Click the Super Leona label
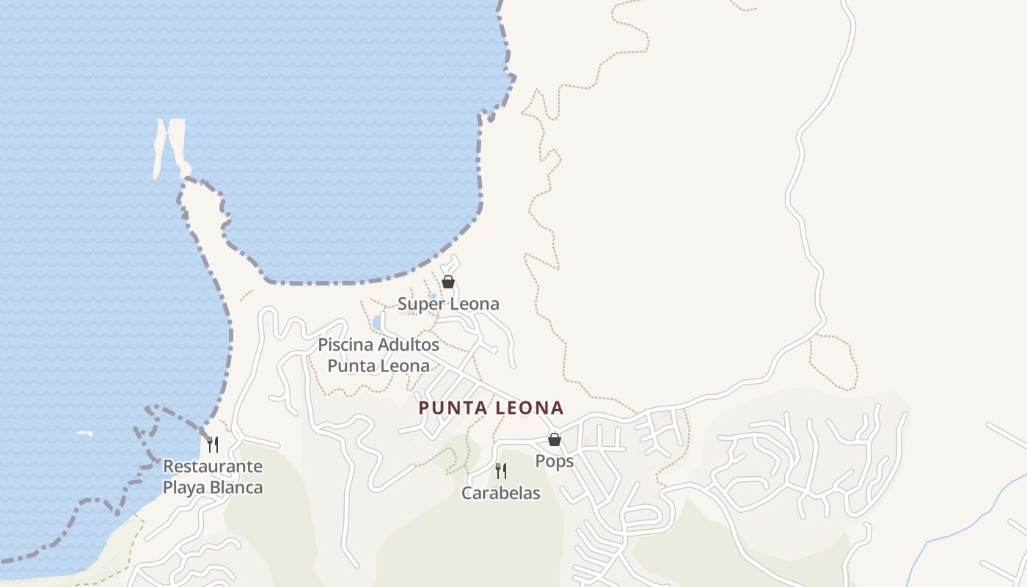pyautogui.click(x=448, y=304)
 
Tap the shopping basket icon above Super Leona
pyautogui.click(x=448, y=282)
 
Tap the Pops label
pyautogui.click(x=554, y=462)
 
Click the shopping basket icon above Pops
pyautogui.click(x=555, y=440)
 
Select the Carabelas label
pyautogui.click(x=500, y=493)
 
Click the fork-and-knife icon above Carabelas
pyautogui.click(x=501, y=470)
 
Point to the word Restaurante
pyautogui.click(x=213, y=467)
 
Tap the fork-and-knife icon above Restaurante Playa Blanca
pyautogui.click(x=213, y=444)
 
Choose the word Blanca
pyautogui.click(x=237, y=487)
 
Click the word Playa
pyautogui.click(x=184, y=487)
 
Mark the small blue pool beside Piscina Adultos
pyautogui.click(x=377, y=322)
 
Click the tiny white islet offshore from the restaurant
pyautogui.click(x=85, y=434)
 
